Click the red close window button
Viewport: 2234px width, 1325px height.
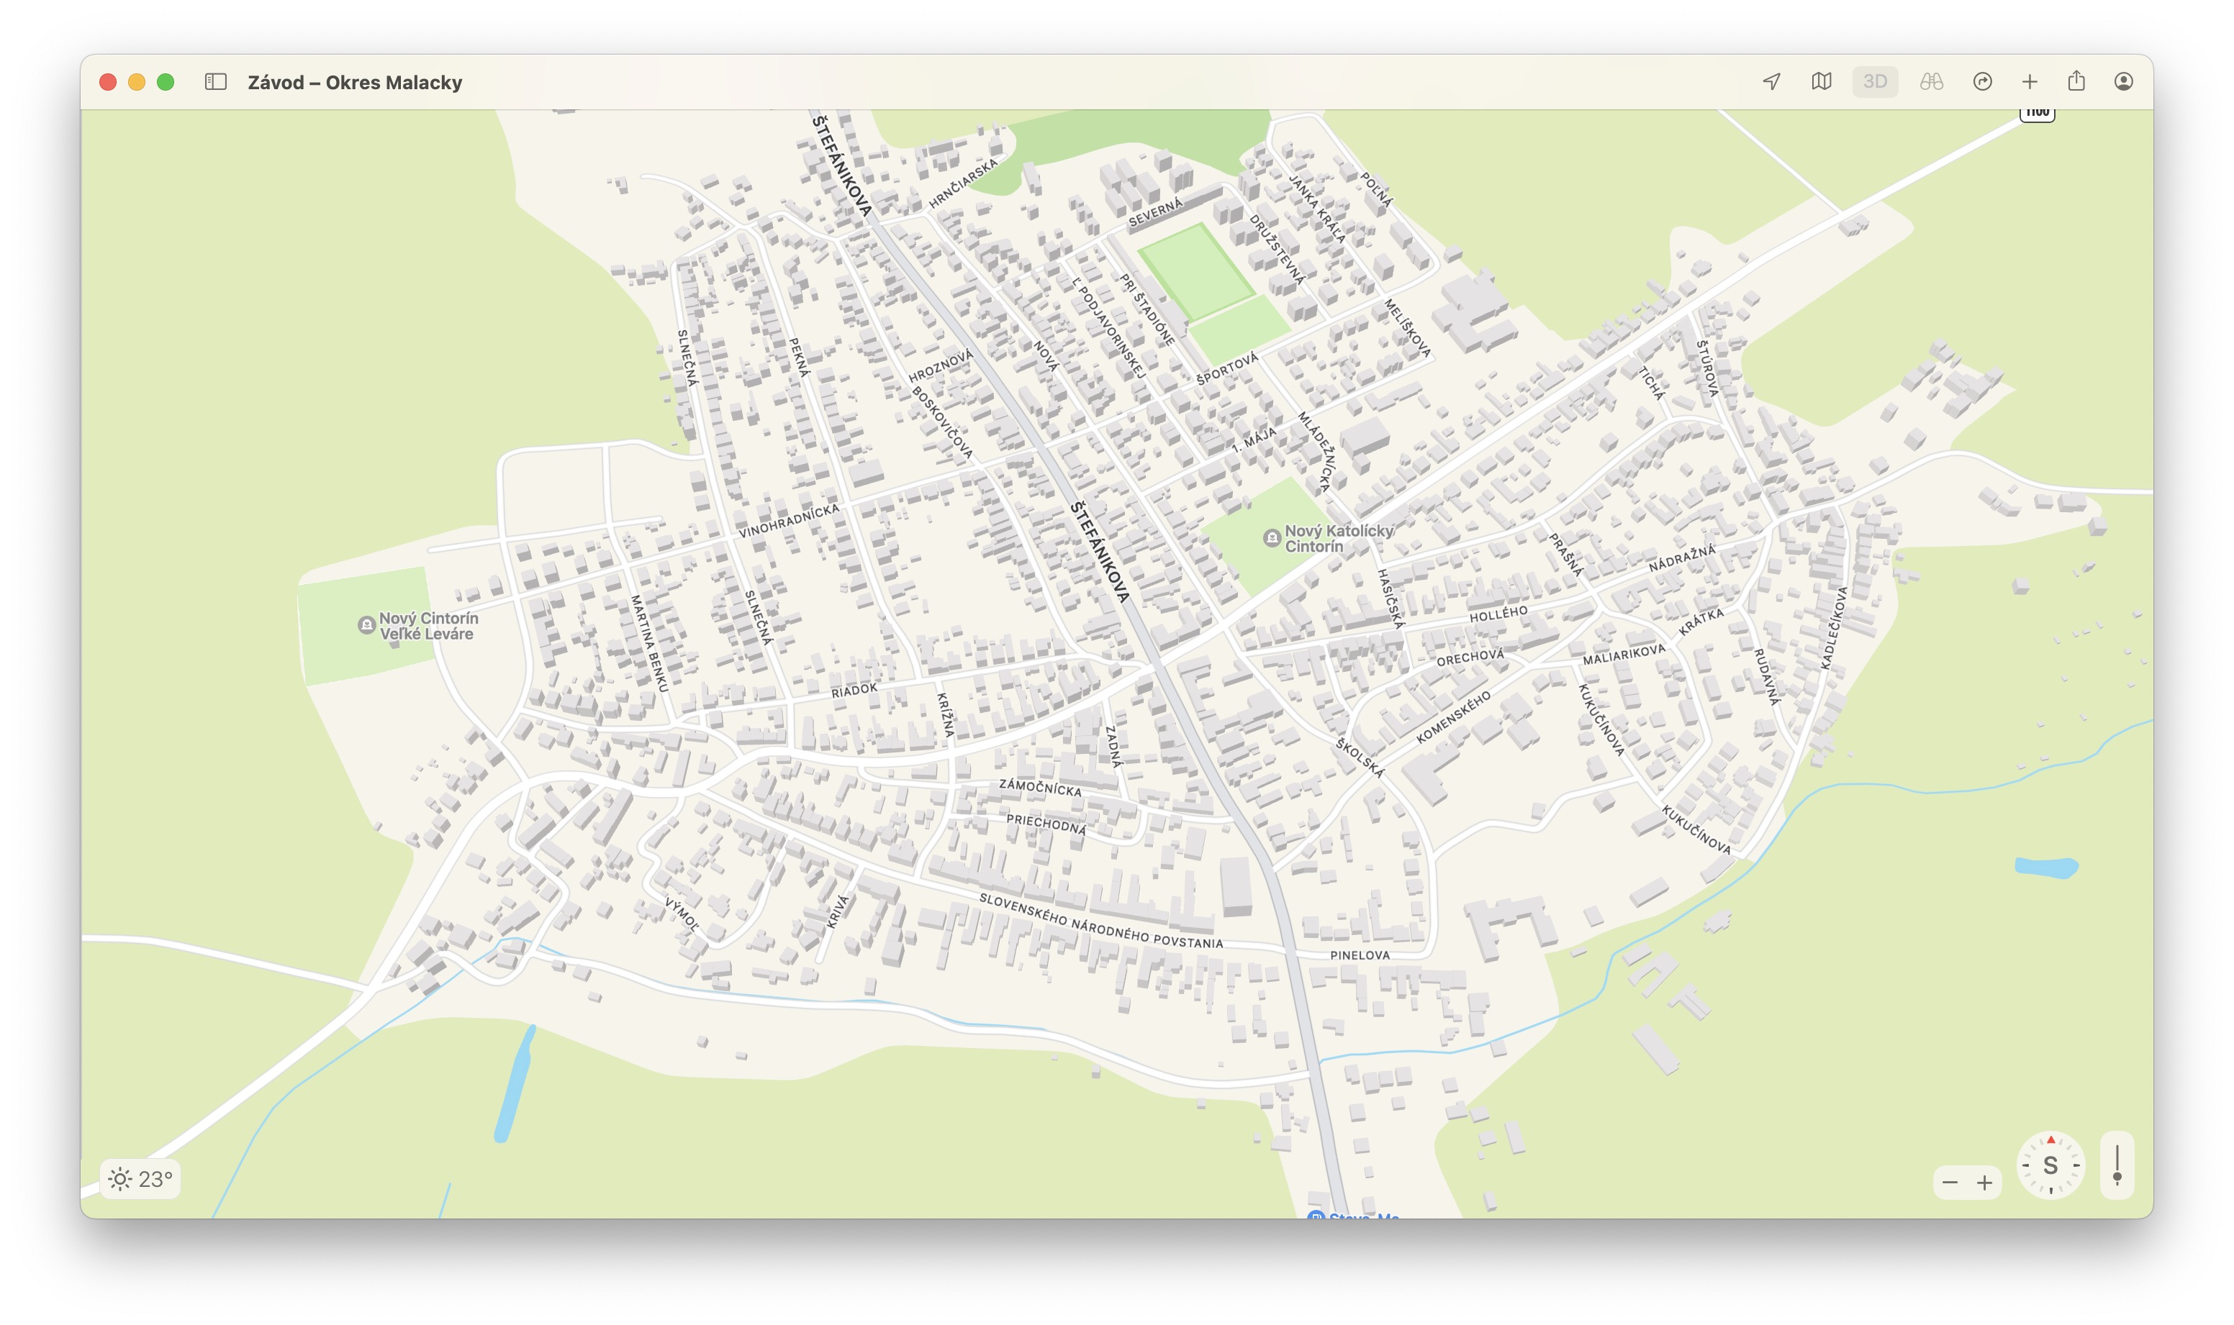coord(108,82)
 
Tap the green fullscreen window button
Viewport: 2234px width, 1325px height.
coord(166,82)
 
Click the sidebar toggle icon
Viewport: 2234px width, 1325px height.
coord(215,82)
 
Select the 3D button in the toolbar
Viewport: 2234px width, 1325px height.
coord(1874,82)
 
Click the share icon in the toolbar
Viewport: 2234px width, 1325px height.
coord(2076,82)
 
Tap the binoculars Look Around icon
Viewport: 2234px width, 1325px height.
coord(1931,82)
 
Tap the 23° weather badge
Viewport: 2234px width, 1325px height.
coord(141,1180)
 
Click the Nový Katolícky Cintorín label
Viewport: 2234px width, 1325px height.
coord(1337,538)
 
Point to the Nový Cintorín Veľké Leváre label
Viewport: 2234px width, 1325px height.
coord(428,626)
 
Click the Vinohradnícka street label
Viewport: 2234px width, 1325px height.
coord(789,521)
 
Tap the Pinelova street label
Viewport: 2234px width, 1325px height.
coord(1360,955)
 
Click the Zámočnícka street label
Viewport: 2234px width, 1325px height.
coord(1040,787)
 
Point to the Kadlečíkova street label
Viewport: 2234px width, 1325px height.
coord(1834,628)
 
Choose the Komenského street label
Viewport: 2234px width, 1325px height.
coord(1453,717)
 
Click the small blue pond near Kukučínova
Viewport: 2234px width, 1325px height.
coord(2045,867)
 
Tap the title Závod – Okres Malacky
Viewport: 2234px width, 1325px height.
coord(355,82)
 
